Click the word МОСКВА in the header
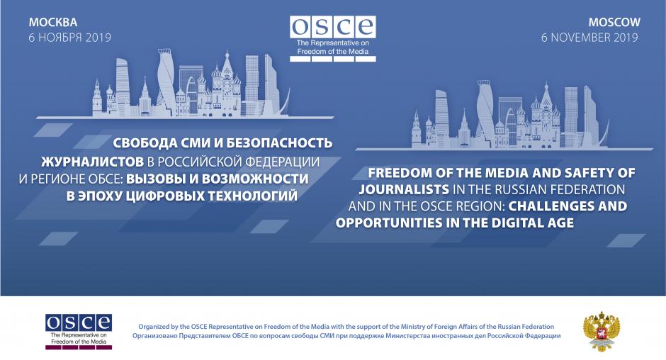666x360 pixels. click(52, 22)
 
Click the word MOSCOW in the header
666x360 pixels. click(614, 22)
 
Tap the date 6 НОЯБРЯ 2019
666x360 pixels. click(69, 38)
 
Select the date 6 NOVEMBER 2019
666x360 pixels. click(589, 38)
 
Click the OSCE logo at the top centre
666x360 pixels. click(332, 39)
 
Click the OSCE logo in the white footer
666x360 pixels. click(79, 332)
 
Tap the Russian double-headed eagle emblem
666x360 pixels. click(602, 331)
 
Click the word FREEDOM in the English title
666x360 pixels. click(398, 173)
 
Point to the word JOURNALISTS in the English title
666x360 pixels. click(404, 189)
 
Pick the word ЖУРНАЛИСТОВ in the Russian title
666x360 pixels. click(92, 162)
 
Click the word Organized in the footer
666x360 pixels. click(154, 327)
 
